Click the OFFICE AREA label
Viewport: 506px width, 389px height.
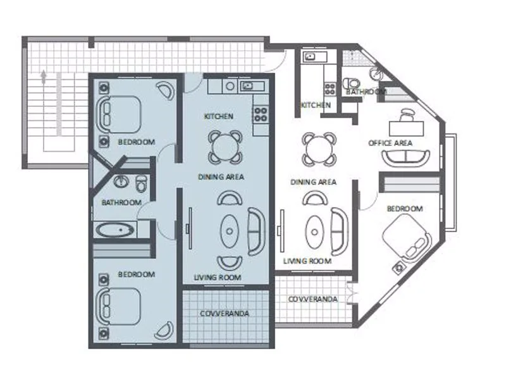click(390, 143)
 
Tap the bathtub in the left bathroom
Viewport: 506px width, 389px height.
click(114, 230)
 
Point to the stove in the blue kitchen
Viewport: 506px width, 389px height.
click(260, 114)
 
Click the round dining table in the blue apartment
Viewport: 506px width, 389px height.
click(226, 147)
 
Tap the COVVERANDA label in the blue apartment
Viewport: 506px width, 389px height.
click(225, 314)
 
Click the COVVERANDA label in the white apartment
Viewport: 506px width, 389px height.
click(312, 299)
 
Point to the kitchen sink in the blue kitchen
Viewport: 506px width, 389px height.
click(247, 85)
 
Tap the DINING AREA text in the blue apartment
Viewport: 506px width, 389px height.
click(221, 177)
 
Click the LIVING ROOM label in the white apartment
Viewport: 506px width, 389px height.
click(307, 261)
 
